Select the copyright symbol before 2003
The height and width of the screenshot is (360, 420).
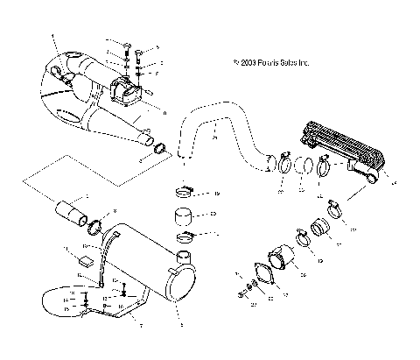237,63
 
